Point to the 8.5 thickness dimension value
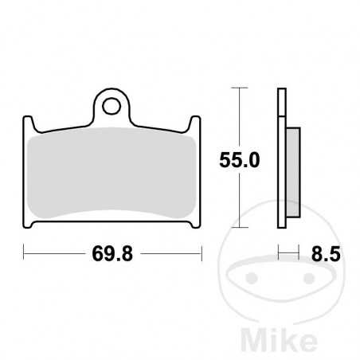(x=318, y=256)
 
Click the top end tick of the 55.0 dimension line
(x=236, y=85)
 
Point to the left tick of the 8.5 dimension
(x=279, y=256)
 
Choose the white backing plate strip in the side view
(x=282, y=159)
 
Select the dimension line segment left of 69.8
(x=56, y=256)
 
